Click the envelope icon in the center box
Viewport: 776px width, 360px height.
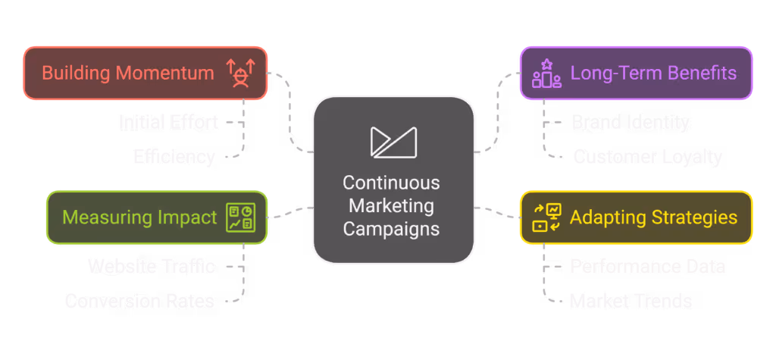[x=393, y=142]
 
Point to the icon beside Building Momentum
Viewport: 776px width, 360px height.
[x=241, y=74]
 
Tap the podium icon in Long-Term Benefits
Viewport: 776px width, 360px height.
[x=546, y=74]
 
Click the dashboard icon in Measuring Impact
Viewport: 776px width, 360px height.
[x=242, y=218]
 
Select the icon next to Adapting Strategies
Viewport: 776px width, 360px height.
[x=546, y=218]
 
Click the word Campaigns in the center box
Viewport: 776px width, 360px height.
[x=391, y=228]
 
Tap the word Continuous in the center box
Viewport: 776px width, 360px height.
[x=391, y=183]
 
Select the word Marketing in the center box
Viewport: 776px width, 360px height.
[x=391, y=205]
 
